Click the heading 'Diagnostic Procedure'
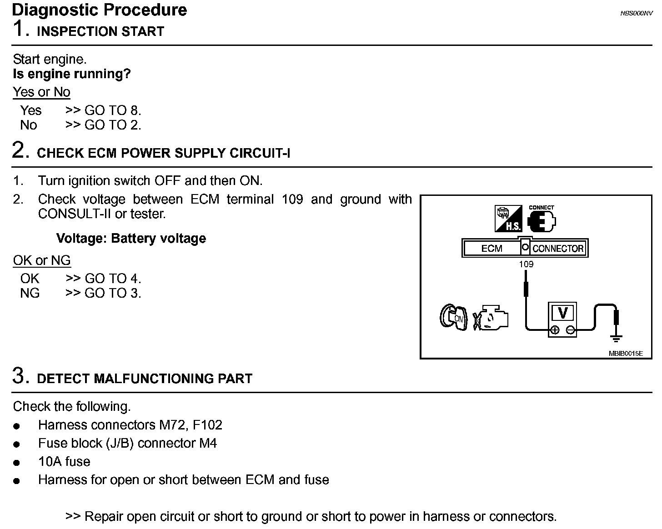tap(100, 10)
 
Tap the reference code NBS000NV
tap(636, 13)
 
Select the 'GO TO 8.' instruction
tap(113, 110)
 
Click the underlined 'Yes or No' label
tap(41, 92)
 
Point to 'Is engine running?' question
tap(72, 74)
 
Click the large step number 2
tap(20, 150)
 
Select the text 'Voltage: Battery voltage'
tap(131, 239)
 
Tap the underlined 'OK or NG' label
tap(42, 260)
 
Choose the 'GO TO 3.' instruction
tap(113, 293)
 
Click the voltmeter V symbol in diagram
tap(563, 313)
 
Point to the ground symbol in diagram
tap(617, 337)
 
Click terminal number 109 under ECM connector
tap(526, 264)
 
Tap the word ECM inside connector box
tap(491, 249)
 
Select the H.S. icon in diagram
tap(508, 219)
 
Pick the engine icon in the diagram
tap(491, 318)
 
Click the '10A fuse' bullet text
tap(64, 462)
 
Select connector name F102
tap(207, 425)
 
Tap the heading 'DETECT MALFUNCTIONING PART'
tap(145, 379)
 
